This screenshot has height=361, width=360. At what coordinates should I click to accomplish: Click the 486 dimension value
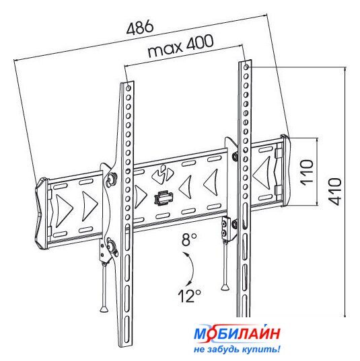(x=140, y=27)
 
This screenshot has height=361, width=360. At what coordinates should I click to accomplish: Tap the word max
(x=165, y=50)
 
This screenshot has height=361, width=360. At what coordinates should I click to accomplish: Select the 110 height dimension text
(x=308, y=171)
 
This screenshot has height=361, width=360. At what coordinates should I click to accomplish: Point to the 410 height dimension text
(x=334, y=192)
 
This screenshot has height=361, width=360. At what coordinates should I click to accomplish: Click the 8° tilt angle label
(x=189, y=239)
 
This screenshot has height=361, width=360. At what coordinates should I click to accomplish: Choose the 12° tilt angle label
(x=189, y=296)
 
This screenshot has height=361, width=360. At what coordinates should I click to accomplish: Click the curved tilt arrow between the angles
(x=191, y=269)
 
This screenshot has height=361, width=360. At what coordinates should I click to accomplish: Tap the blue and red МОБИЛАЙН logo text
(x=237, y=333)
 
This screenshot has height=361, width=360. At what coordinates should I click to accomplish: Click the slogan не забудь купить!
(x=237, y=350)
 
